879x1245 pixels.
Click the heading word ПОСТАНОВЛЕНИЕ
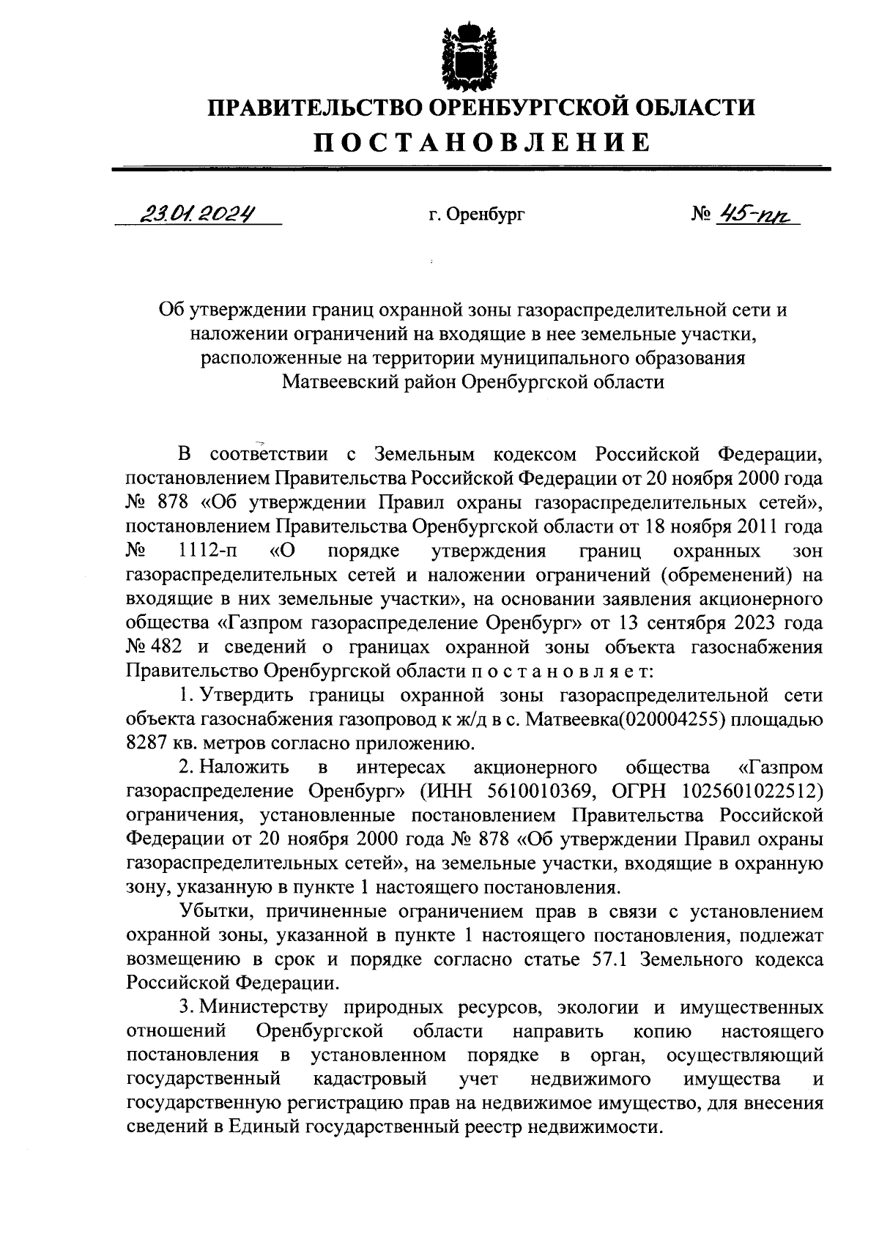(482, 142)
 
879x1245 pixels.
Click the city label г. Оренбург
(477, 215)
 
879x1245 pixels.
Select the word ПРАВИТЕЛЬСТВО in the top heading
(313, 108)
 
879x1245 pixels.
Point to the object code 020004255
(672, 719)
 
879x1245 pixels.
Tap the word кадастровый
(370, 1079)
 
